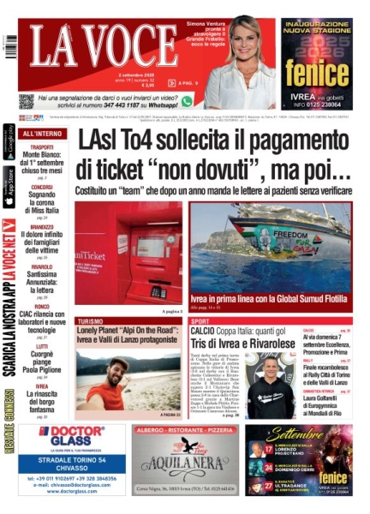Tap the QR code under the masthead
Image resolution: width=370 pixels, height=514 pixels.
26,101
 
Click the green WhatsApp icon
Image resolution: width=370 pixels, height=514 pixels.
187,101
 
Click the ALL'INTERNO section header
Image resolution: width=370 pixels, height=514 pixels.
41,134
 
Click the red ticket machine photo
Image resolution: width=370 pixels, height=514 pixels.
128,253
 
